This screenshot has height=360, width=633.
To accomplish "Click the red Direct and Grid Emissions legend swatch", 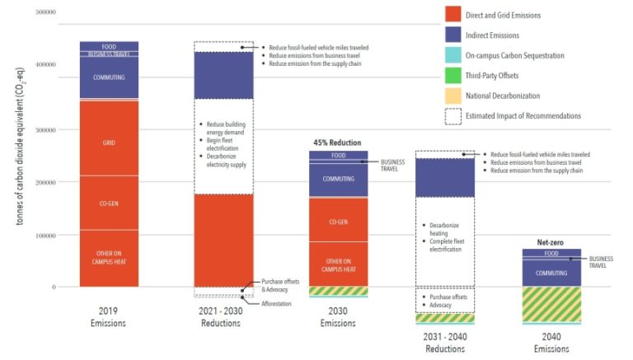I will (453, 16).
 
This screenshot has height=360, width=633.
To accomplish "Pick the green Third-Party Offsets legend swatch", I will (453, 76).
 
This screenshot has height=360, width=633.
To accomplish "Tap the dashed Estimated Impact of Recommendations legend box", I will (453, 116).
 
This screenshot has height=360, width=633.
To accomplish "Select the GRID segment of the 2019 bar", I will (109, 142).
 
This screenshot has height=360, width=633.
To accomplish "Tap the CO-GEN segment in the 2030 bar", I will (338, 222).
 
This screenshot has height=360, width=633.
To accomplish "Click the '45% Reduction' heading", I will (338, 143).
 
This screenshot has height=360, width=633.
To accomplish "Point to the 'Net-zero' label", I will (551, 243).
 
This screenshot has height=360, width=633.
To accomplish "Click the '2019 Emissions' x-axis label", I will (109, 317).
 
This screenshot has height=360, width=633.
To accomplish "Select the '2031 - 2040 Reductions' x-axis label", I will (444, 343).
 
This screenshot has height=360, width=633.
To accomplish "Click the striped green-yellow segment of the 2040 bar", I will (551, 304).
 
